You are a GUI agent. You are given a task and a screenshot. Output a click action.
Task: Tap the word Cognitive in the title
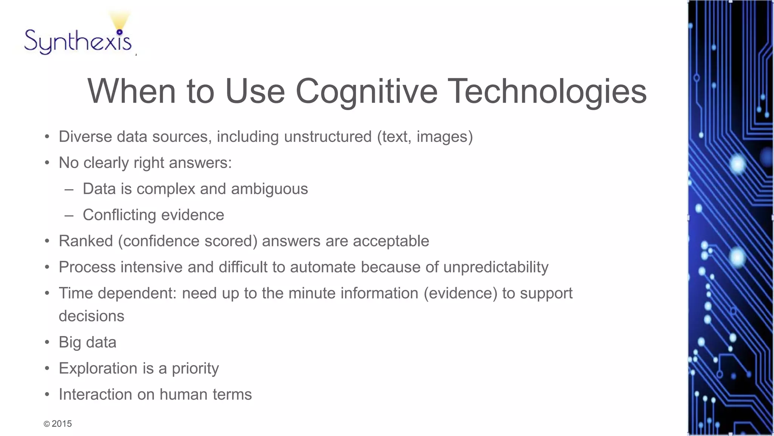(366, 92)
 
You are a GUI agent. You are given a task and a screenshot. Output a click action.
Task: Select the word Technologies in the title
(548, 92)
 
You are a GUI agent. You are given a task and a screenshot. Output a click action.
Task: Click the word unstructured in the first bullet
(328, 137)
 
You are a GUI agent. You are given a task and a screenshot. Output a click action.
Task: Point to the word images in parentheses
(442, 137)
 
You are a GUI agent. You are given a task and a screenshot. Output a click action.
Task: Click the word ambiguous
(269, 189)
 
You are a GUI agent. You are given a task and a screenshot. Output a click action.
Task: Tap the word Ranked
(86, 241)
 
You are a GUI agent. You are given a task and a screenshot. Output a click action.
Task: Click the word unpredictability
(495, 267)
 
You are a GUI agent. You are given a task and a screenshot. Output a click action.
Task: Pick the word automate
(322, 267)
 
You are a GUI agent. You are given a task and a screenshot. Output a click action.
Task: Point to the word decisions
(91, 316)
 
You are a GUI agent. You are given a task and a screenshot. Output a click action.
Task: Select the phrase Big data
(87, 342)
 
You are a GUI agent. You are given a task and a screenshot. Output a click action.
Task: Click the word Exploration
(98, 368)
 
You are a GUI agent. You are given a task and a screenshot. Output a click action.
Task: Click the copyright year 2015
(62, 424)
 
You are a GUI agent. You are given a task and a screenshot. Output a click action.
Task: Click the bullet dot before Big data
(47, 343)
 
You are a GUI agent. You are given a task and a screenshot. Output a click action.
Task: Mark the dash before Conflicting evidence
(69, 215)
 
